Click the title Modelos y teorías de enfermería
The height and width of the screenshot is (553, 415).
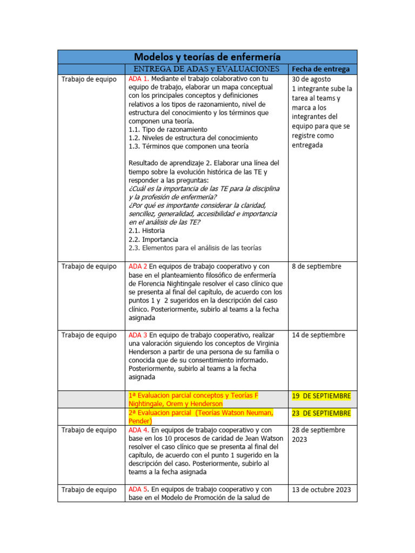click(x=207, y=56)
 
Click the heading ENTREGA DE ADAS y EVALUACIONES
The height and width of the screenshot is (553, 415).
click(x=206, y=69)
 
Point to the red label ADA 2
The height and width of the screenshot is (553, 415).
click(x=138, y=266)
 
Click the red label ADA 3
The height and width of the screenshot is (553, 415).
click(x=138, y=335)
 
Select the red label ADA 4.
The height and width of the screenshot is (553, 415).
click(x=138, y=430)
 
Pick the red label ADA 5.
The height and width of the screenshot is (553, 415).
click(x=138, y=490)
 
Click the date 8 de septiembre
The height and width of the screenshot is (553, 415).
click(x=316, y=266)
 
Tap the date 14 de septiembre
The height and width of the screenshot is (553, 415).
click(x=318, y=335)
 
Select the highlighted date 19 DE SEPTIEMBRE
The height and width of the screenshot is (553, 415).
click(x=321, y=396)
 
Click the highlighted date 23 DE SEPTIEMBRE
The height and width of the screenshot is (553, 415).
click(x=321, y=413)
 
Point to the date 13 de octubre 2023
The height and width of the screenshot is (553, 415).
click(x=321, y=490)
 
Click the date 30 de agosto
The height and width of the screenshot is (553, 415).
click(x=311, y=79)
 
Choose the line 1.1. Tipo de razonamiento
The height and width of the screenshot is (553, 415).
click(x=168, y=130)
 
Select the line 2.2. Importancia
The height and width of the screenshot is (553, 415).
click(x=153, y=239)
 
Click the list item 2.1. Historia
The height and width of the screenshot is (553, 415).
click(x=146, y=231)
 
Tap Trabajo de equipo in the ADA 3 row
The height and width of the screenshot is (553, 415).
click(x=89, y=335)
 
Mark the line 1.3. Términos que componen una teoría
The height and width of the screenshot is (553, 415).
click(x=189, y=146)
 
